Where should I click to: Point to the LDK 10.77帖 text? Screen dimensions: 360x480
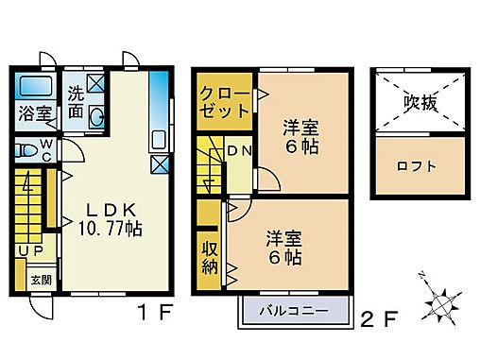pos(109,216)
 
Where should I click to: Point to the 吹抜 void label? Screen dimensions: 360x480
pos(420,102)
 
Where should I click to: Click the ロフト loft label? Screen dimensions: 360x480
pos(419,167)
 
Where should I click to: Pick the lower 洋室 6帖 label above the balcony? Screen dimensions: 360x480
pos(283,246)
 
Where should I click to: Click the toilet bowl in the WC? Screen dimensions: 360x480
pos(26,149)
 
